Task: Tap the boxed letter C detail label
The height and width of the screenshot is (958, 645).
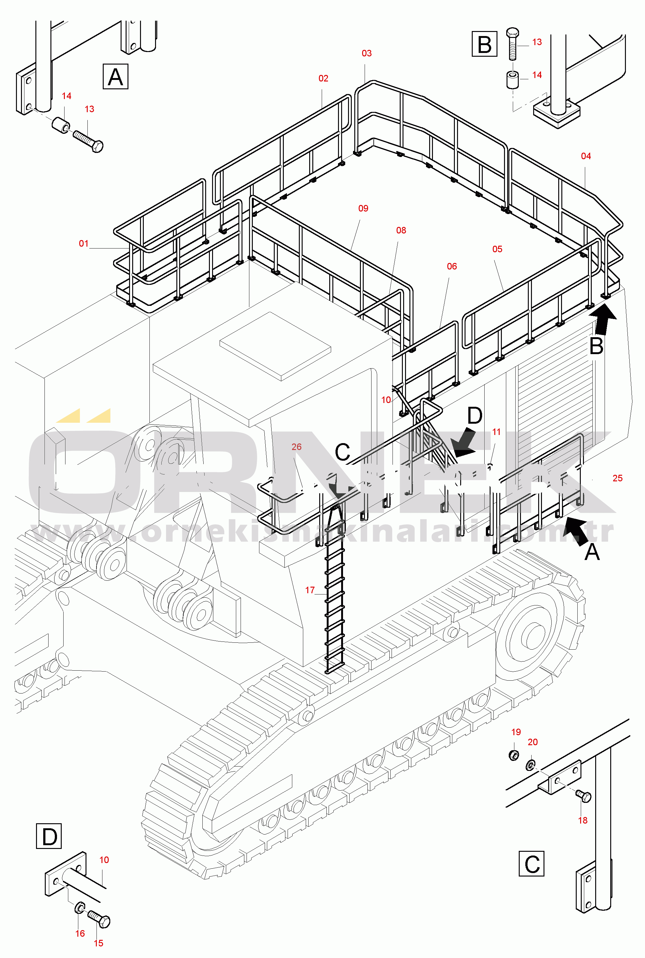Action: click(x=532, y=864)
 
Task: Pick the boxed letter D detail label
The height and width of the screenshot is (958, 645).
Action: click(x=49, y=836)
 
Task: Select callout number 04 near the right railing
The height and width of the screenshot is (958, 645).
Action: click(x=586, y=156)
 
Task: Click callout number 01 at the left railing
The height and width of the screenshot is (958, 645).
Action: click(x=84, y=243)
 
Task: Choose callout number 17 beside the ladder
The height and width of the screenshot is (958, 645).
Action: click(x=310, y=590)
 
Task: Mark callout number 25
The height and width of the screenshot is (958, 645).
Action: click(x=617, y=478)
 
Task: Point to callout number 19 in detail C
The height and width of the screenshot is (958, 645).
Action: click(x=516, y=732)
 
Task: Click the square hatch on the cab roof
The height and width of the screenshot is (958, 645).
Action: click(x=275, y=346)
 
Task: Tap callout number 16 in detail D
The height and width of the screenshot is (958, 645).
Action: click(x=80, y=933)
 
